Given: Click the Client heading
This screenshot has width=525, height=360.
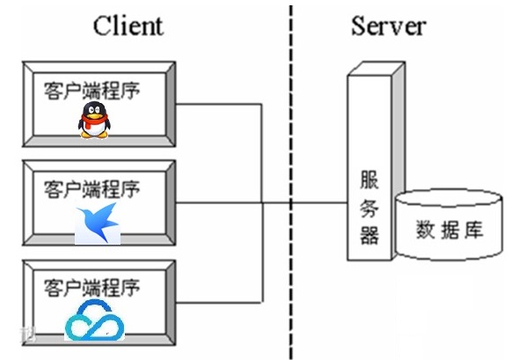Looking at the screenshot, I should (128, 25).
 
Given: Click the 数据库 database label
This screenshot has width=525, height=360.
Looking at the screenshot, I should (448, 231).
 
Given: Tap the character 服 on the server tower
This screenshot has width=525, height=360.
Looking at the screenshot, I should (369, 179).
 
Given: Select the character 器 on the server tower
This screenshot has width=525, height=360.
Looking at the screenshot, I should (369, 235).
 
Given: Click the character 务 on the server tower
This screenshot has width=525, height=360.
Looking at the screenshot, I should (369, 207).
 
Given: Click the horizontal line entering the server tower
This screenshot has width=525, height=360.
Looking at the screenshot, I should (317, 203).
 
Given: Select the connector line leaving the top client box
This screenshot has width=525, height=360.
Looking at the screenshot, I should (220, 105).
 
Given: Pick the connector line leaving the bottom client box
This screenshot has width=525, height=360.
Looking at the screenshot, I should (220, 301).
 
